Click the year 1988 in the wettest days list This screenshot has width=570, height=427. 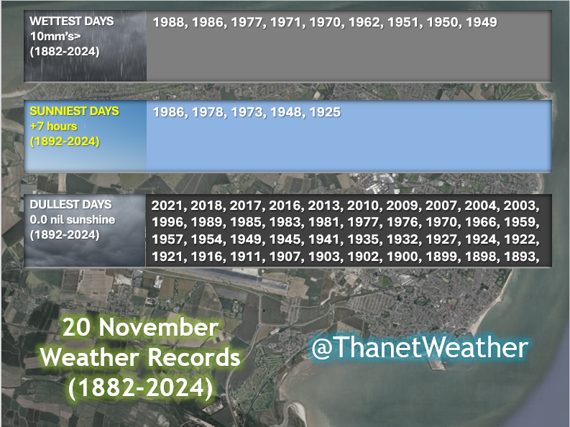168,22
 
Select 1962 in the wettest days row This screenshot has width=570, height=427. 364,22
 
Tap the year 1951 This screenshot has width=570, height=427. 403,22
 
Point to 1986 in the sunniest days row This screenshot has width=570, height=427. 168,112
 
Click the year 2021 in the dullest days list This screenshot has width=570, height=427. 167,206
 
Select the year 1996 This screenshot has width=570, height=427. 167,223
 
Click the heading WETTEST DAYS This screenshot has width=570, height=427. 71,22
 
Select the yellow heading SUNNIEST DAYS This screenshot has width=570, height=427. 74,111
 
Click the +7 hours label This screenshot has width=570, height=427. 53,127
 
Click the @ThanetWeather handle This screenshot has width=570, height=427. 419,349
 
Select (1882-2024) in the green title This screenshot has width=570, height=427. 140,387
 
